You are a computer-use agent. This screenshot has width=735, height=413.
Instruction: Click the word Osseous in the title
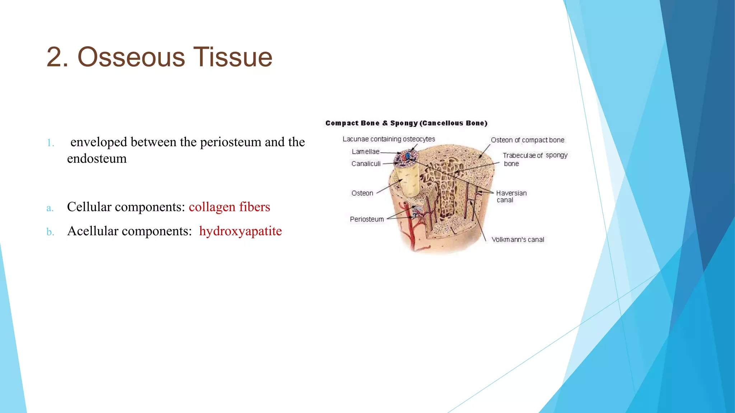pos(131,57)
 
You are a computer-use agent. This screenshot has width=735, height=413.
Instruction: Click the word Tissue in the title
pos(233,57)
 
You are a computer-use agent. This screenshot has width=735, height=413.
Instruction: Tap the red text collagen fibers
pos(229,207)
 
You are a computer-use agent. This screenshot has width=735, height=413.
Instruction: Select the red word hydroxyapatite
pos(240,231)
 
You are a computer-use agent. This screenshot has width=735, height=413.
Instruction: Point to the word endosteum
pos(97,158)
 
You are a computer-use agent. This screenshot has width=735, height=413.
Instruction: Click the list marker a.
pos(50,208)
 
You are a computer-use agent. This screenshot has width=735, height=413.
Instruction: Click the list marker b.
pos(50,232)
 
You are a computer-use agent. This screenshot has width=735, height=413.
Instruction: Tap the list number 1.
pos(51,143)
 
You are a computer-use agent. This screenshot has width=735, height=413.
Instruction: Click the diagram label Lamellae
pos(365,152)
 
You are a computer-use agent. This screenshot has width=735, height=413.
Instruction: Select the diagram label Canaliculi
pos(366,164)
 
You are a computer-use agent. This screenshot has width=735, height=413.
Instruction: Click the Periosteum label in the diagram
pos(367,219)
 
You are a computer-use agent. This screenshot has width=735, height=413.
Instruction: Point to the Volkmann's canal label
pos(518,239)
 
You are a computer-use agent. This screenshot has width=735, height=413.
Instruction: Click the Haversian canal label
pos(511,196)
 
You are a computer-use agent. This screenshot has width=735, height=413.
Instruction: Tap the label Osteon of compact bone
pos(528,140)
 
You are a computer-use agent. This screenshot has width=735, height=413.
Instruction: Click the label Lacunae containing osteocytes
pos(389,139)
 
